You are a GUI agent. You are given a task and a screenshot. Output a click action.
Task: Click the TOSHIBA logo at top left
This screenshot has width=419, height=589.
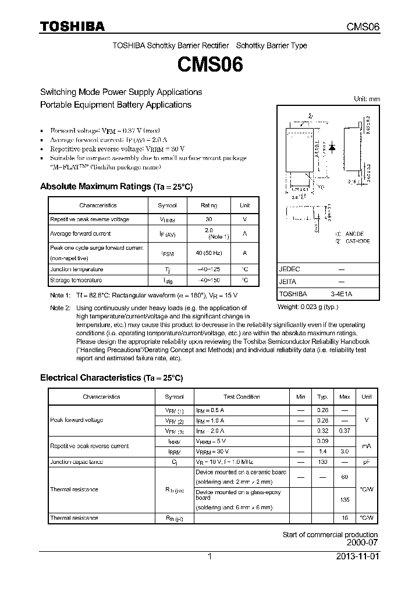click(x=72, y=26)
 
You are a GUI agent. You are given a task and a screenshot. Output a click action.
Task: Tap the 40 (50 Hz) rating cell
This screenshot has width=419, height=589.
click(x=209, y=253)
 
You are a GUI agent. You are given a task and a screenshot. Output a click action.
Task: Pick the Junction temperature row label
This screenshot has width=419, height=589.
click(x=77, y=269)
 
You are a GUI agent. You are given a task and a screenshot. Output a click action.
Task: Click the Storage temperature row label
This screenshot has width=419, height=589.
click(x=76, y=281)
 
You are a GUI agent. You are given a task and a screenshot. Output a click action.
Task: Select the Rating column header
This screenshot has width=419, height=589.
click(x=209, y=205)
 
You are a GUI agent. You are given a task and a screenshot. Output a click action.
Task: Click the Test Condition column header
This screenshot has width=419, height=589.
click(x=242, y=397)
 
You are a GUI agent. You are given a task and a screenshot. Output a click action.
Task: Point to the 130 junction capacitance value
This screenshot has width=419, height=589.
click(x=322, y=462)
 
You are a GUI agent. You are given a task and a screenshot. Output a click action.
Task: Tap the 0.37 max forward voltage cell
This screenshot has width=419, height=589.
click(x=345, y=431)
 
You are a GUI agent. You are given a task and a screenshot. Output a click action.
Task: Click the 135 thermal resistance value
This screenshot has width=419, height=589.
click(x=345, y=499)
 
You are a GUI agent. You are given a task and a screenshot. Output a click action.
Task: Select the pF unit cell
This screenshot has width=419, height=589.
click(x=367, y=462)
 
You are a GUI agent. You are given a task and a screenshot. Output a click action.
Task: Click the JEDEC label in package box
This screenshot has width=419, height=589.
click(x=290, y=270)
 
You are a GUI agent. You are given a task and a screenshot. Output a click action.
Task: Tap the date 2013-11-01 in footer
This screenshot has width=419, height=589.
click(x=357, y=556)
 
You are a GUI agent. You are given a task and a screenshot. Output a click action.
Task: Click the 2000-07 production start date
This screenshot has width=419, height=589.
click(x=362, y=542)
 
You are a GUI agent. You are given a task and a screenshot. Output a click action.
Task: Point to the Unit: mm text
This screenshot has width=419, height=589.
click(x=367, y=99)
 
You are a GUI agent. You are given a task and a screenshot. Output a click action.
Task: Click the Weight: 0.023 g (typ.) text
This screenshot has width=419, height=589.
click(x=308, y=307)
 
